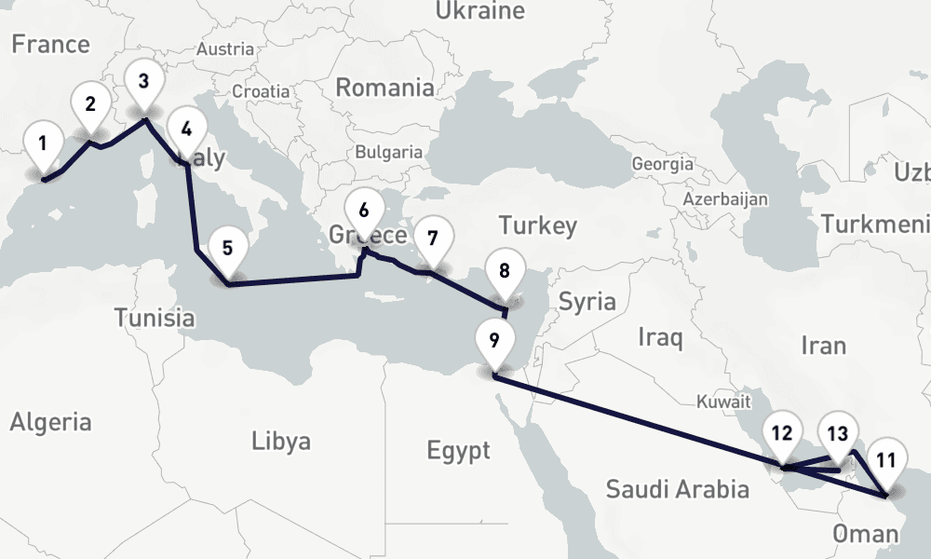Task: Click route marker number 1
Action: coord(42,145)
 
